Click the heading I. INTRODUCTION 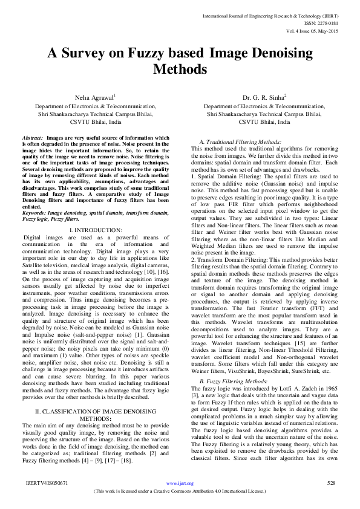[x=96, y=230]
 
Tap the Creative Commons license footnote [x=180, y=491]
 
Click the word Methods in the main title [x=180, y=69]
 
